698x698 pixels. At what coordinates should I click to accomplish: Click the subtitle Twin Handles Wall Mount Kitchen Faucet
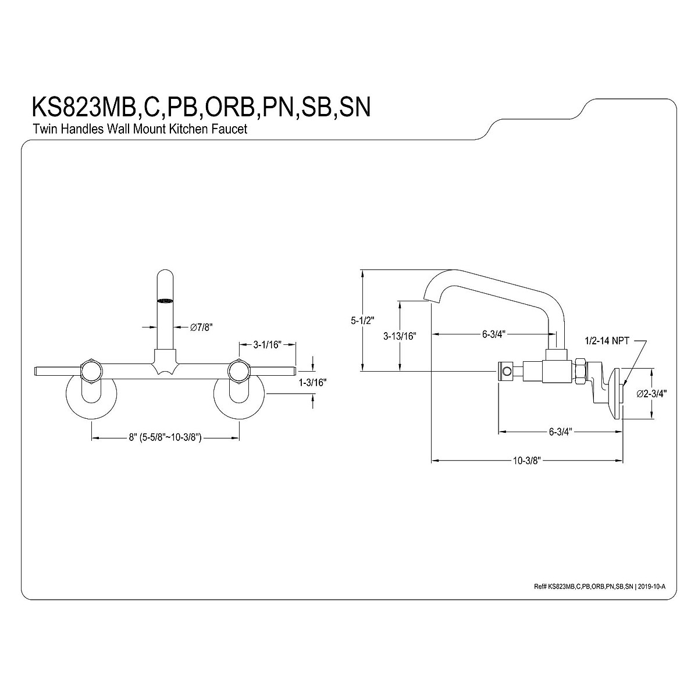point(139,129)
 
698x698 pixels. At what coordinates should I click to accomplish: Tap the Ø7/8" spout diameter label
point(201,328)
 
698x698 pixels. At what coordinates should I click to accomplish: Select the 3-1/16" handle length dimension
point(267,344)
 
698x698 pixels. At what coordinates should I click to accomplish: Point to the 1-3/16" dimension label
point(313,383)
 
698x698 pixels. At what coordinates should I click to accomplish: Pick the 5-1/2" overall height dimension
point(362,320)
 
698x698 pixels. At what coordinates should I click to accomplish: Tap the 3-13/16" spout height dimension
point(399,336)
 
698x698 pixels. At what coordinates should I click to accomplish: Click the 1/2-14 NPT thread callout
point(607,341)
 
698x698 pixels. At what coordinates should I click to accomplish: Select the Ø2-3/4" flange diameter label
point(651,394)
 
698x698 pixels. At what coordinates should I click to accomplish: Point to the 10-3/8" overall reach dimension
point(527,461)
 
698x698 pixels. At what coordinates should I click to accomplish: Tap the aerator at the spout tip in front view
point(166,301)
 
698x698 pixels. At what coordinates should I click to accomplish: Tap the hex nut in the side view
point(580,371)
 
